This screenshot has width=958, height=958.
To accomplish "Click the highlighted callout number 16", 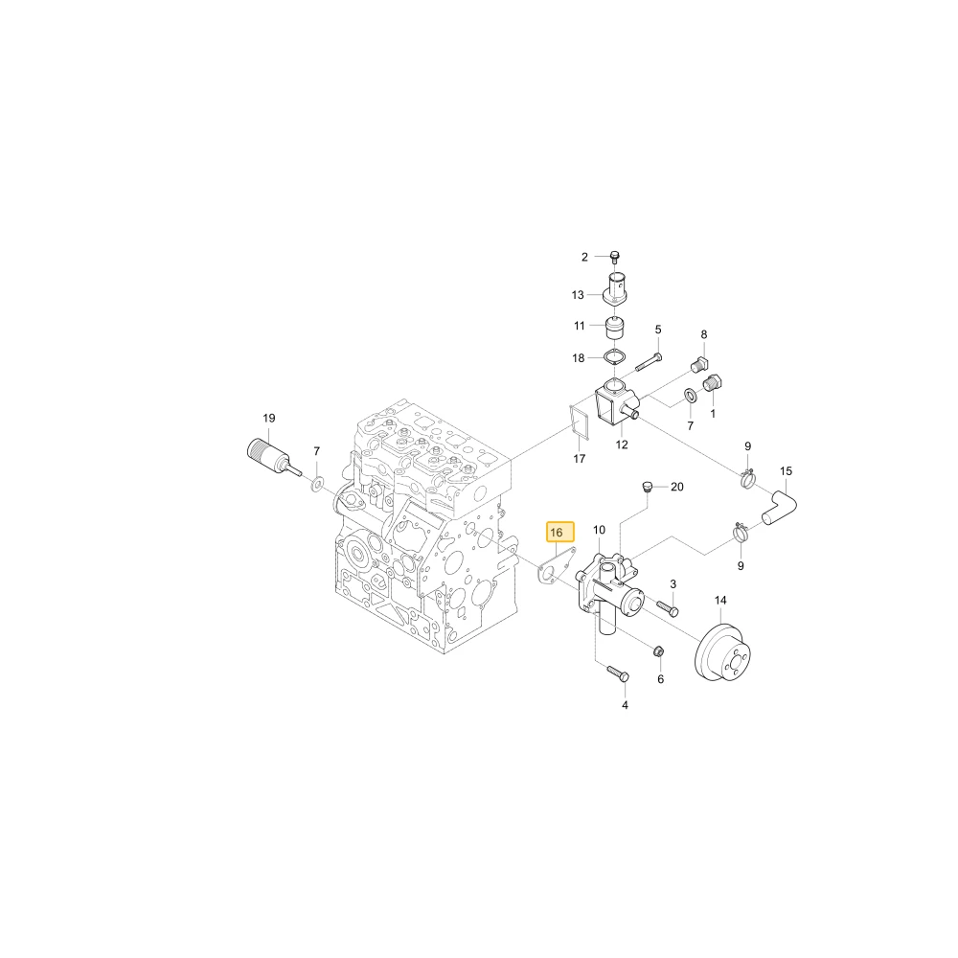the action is (x=556, y=533).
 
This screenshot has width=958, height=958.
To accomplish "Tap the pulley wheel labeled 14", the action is (x=724, y=654).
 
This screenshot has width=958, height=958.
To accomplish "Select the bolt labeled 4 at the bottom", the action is (x=618, y=673).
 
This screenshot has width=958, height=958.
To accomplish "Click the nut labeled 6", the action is (x=659, y=651).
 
